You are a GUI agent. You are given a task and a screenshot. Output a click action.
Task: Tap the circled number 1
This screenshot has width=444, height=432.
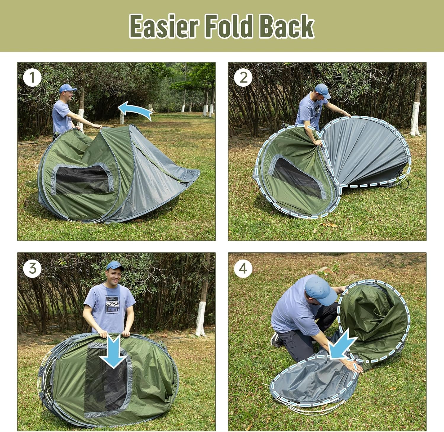coord(32,78)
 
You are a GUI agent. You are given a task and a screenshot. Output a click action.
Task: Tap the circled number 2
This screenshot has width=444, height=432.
coord(243,78)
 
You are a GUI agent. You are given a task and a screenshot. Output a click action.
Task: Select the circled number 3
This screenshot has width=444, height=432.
coord(32,269)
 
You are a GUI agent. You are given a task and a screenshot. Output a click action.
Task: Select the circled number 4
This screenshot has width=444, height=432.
coord(243,269)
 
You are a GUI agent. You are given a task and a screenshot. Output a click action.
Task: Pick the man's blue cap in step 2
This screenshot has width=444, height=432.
coord(323,90)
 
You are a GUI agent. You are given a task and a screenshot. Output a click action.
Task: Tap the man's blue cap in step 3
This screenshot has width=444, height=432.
coord(115,265)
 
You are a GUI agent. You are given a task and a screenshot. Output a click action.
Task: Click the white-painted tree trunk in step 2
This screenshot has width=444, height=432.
coord(415,118)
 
